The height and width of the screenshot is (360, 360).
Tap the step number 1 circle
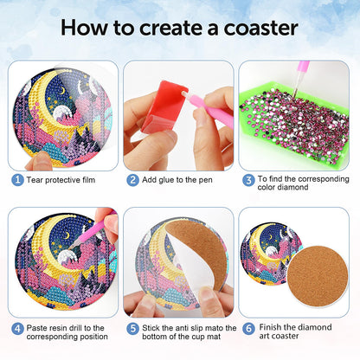pos(17,180)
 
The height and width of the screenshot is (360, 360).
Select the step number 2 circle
pos(133,180)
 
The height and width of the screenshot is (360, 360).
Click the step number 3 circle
pos(248,181)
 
